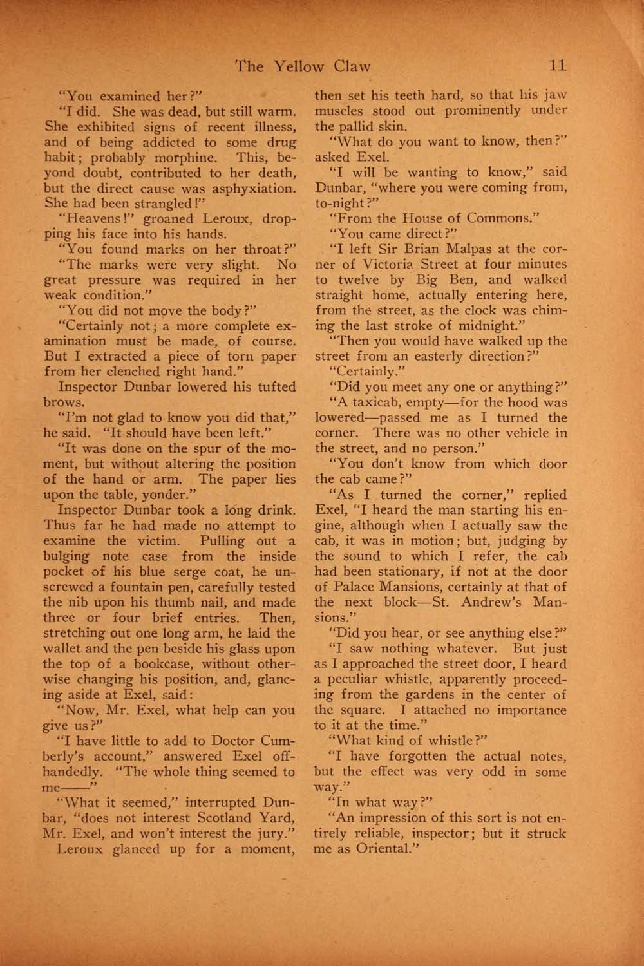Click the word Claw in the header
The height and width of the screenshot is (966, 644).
tap(352, 66)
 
